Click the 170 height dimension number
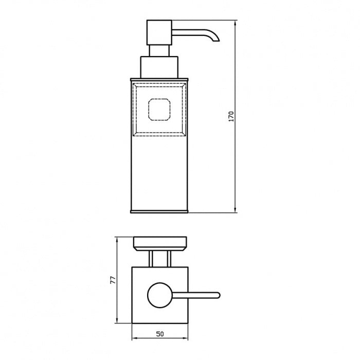pos(231,116)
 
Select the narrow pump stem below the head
pos(159,50)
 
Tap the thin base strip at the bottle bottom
pos(160,210)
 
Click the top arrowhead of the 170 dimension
pos(236,23)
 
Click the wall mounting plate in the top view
pos(159,242)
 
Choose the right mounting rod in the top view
pos(169,258)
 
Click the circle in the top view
pos(159,295)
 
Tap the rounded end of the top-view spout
pos(218,295)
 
